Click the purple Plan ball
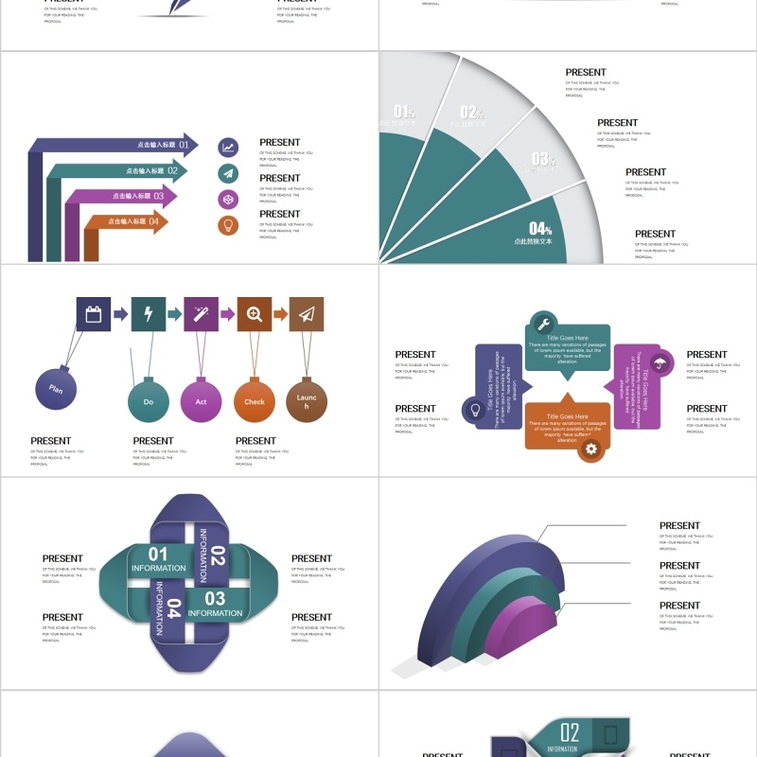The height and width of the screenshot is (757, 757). (x=56, y=389)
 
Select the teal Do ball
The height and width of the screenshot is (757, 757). (x=149, y=401)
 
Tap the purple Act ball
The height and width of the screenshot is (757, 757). (x=201, y=401)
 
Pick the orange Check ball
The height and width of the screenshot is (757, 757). (x=255, y=401)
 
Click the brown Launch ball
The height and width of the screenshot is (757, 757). (x=307, y=401)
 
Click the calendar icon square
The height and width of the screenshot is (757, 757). (x=94, y=314)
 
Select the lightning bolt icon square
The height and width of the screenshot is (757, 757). (x=149, y=314)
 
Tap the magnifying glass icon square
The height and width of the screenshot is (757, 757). (x=255, y=314)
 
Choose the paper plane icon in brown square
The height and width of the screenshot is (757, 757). (x=307, y=314)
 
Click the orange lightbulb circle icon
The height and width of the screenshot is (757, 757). (x=228, y=225)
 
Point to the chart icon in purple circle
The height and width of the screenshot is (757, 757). (x=228, y=147)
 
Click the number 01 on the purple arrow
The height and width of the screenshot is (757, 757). (x=184, y=146)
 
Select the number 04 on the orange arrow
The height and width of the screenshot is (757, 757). (x=153, y=221)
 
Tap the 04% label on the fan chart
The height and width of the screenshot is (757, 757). (x=540, y=229)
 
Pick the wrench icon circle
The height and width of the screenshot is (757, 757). (x=543, y=323)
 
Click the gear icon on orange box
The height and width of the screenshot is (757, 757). (x=592, y=449)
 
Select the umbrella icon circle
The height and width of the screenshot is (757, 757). (x=661, y=362)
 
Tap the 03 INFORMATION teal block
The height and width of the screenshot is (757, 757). (x=215, y=603)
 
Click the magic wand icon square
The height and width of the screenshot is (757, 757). (x=201, y=314)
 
